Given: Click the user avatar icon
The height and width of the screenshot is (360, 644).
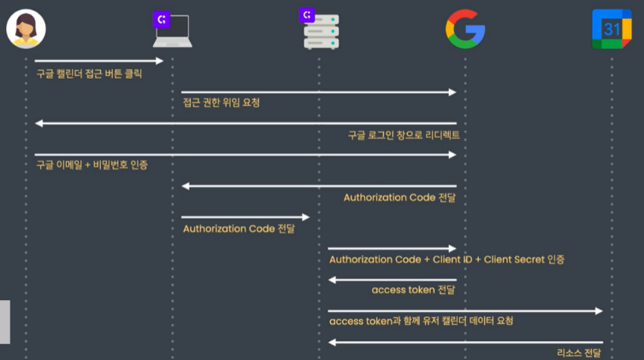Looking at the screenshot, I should coord(26,29).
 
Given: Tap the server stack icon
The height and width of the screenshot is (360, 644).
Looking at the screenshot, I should coord(321,32).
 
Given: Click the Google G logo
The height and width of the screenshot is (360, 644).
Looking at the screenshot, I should coord(465,29).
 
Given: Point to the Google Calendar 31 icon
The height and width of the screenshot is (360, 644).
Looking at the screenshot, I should coord(612,29).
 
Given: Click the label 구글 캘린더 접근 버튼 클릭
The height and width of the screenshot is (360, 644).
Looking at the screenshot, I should coord(89,74).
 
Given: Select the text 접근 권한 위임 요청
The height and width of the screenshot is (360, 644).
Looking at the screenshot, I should coord(221,103).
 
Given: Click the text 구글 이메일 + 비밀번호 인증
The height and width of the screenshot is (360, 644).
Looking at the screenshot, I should coord(92,164).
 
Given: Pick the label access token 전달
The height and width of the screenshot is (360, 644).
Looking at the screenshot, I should coord(413,290).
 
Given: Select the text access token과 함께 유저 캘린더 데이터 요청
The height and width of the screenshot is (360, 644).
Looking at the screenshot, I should coord(421,321).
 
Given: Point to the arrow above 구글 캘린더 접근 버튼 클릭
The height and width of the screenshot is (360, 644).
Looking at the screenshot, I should coord(98,61).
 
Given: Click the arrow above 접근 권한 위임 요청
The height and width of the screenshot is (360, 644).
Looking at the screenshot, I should coord(318,91).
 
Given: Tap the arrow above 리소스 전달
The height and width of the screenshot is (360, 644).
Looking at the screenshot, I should coord(465,342).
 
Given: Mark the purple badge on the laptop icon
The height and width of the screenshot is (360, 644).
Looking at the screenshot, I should coord(161,17).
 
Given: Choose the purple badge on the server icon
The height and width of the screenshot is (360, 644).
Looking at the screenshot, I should coord(308,15).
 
